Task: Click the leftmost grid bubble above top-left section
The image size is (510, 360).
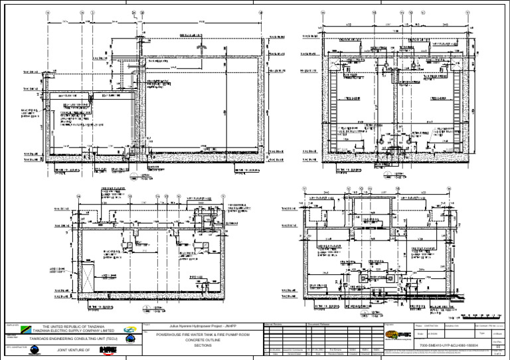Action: click(x=47, y=13)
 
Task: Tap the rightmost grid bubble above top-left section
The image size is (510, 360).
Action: click(x=260, y=13)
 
